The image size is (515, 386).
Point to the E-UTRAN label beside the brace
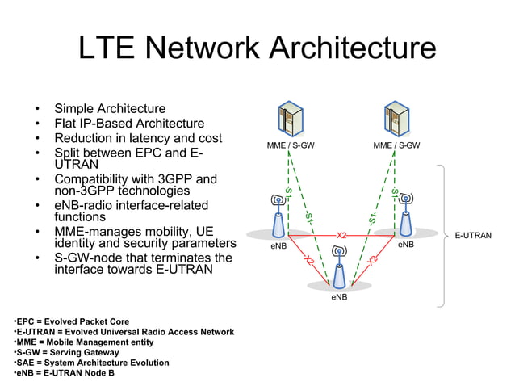tap(473, 236)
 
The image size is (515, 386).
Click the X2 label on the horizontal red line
tap(341, 235)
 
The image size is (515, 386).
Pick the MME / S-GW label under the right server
tap(396, 146)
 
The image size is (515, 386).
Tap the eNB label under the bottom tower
tap(339, 297)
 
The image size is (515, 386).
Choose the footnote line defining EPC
tap(71, 321)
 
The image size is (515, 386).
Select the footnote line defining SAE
tap(91, 363)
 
